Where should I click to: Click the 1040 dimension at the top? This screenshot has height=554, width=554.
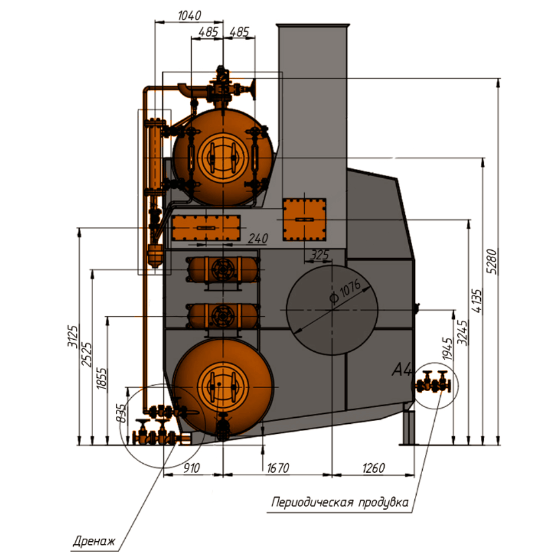pos(189,16)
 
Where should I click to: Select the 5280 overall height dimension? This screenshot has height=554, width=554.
pos(491,261)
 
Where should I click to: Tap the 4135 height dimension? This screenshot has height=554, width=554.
pos(476,301)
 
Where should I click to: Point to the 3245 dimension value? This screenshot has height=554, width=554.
pos(463,332)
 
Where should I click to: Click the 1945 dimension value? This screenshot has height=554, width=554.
pos(447,348)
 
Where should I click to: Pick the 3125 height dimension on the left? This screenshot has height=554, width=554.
pos(73,336)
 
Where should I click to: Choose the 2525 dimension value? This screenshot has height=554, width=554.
pos(86,354)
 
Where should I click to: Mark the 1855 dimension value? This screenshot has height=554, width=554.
pos(101,379)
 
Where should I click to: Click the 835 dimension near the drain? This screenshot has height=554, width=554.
pos(121,413)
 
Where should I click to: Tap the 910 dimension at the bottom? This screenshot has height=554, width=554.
pos(192,468)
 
